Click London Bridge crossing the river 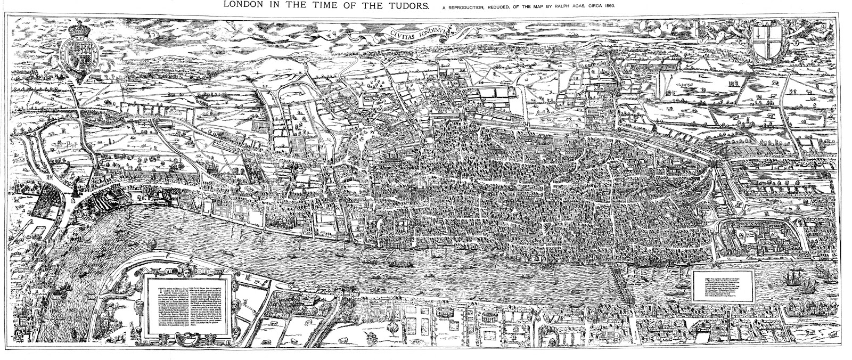click(622, 286)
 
